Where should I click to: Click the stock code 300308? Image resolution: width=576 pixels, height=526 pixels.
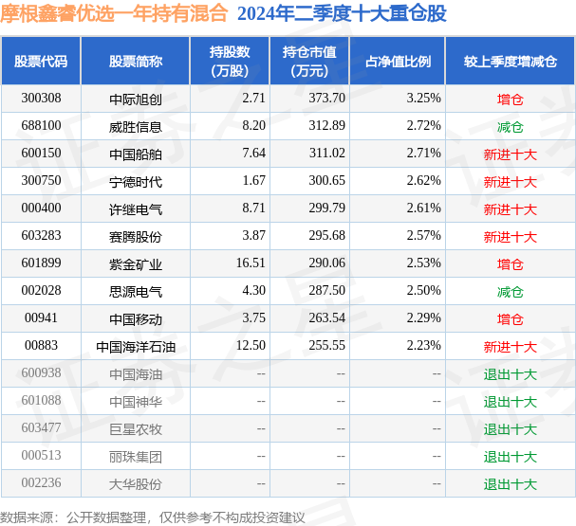[41, 99]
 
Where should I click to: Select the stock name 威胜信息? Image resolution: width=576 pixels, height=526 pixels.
[136, 127]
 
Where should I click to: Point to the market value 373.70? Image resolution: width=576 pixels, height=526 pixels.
[327, 98]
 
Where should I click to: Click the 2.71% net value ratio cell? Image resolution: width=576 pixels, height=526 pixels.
[423, 153]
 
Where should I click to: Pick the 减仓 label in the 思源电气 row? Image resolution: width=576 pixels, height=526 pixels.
[511, 292]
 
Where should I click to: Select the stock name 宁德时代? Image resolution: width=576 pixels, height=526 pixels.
[136, 182]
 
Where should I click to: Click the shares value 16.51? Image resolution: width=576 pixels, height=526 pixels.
[251, 263]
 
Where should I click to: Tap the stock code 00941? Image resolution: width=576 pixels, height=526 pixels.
[41, 318]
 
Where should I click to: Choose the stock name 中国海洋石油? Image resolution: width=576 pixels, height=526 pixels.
[136, 347]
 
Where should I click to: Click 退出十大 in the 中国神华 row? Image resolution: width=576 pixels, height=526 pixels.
[511, 402]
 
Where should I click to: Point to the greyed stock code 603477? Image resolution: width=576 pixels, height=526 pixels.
[41, 427]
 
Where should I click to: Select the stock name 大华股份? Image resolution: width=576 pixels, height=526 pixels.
[136, 484]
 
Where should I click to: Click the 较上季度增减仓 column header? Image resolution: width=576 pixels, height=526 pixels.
[511, 62]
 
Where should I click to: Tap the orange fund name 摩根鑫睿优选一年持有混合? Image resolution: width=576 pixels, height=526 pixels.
[114, 14]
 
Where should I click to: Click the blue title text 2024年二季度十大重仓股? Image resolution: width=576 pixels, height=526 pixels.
[342, 14]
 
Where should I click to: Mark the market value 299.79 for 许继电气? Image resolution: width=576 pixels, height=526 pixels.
[327, 208]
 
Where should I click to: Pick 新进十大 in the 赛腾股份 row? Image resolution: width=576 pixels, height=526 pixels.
[511, 237]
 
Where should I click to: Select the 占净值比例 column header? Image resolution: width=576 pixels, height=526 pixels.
[398, 62]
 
